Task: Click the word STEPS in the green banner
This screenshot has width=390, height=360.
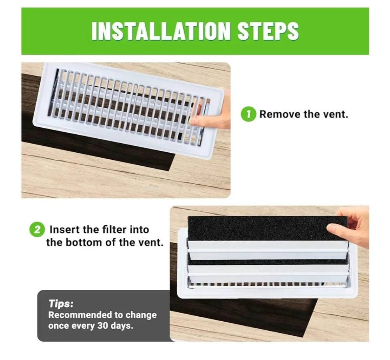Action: (268, 31)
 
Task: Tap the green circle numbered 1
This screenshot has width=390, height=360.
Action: (248, 114)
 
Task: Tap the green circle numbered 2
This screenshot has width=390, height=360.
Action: (37, 229)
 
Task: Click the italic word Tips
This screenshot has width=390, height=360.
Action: (61, 304)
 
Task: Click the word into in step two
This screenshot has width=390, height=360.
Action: (140, 230)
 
